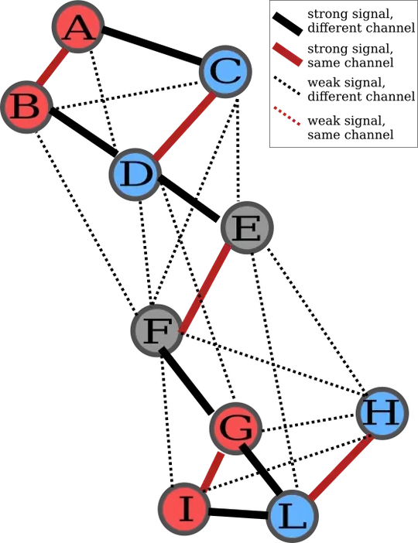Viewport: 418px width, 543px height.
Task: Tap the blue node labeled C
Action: tap(225, 73)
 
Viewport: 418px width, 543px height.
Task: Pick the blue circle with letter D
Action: tap(135, 174)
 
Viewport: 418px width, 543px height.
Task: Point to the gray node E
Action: tap(247, 230)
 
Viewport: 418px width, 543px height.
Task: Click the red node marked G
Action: tap(235, 429)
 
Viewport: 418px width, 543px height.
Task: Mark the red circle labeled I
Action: tap(184, 509)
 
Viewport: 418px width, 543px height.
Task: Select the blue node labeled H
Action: tap(382, 414)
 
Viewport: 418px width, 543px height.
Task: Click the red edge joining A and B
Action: tap(52, 67)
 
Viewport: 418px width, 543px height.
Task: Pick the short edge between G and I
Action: tap(211, 470)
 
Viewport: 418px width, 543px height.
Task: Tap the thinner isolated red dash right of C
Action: tap(287, 116)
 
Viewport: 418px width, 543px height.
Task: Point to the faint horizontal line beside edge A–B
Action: tap(74, 83)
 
